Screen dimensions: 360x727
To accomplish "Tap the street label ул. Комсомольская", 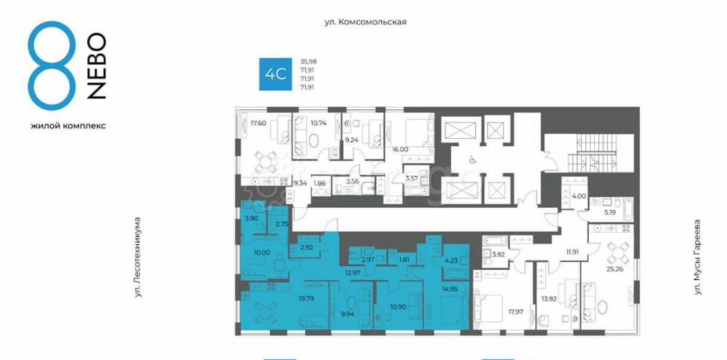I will point(365,22).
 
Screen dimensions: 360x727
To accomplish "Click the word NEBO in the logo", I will point(97,65).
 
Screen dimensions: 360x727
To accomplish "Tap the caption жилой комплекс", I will point(68,125).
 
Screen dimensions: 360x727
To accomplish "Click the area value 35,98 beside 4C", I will point(308,61).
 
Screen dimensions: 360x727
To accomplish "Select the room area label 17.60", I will point(258,123).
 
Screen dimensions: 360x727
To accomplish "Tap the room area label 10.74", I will point(319,123).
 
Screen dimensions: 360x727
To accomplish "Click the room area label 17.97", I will point(515,311).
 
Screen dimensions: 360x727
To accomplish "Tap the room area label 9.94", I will point(348,316).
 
